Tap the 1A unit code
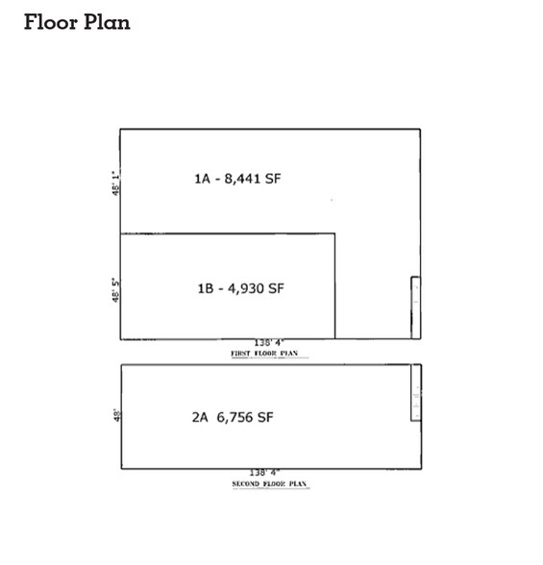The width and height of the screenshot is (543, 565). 202,178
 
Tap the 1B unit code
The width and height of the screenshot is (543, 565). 205,287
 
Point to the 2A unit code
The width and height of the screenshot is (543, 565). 201,417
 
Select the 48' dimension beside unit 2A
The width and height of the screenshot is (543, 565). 115,416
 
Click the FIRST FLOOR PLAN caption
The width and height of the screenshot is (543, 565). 265,354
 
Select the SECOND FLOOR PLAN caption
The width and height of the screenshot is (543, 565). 270,484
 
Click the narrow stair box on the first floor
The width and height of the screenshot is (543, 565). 415,307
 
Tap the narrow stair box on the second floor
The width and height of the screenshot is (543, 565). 415,392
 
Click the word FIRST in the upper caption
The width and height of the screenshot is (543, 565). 241,354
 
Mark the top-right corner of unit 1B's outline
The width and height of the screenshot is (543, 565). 334,233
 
